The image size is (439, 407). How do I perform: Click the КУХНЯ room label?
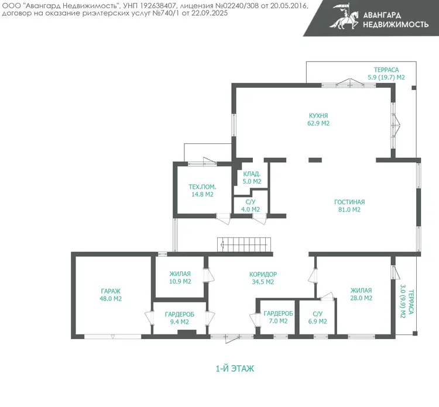[x=318, y=116]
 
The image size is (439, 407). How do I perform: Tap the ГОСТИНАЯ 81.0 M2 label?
[x=349, y=206]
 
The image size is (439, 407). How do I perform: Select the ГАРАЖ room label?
[x=111, y=291]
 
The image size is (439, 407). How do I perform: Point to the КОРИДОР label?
[x=263, y=274]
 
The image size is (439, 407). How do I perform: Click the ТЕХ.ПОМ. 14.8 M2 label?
[x=202, y=191]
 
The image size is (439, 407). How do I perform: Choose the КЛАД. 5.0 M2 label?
[x=252, y=178]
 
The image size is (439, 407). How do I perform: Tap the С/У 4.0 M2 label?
[x=251, y=206]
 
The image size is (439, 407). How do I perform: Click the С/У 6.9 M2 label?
[x=317, y=318]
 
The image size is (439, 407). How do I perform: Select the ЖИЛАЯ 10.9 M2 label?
[x=180, y=278]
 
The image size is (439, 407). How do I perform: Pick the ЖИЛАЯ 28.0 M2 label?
[x=361, y=294]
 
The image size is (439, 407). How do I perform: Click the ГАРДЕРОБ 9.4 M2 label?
[x=180, y=318]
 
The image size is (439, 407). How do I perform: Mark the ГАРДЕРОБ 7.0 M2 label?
[x=278, y=317]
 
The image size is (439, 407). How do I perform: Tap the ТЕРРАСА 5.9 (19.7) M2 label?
[x=386, y=74]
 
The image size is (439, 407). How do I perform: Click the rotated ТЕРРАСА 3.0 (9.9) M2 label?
[x=407, y=302]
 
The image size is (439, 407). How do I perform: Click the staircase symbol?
[x=244, y=244]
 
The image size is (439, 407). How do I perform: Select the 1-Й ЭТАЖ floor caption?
[x=235, y=368]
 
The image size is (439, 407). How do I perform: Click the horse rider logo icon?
[x=344, y=16]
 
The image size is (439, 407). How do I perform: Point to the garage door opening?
[x=112, y=336]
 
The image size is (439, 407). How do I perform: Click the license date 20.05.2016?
[x=289, y=6]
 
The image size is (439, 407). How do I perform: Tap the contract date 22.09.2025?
[x=210, y=13]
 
